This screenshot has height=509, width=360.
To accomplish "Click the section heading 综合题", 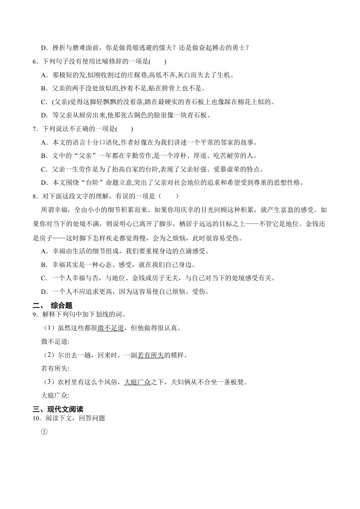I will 61,306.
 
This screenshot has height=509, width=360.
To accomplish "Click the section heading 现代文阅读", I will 65,409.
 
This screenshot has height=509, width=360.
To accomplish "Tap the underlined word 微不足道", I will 111,328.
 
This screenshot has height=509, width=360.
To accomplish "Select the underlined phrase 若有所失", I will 150,355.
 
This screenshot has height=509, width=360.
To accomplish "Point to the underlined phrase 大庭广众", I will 138,382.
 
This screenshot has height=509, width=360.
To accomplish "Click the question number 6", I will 35,61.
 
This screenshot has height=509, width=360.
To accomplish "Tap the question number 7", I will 35,129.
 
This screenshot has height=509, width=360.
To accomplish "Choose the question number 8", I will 35,196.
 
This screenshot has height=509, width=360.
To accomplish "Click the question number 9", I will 35,314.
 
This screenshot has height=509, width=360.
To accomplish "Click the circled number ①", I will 44,431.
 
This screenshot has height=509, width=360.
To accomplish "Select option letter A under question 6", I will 44,75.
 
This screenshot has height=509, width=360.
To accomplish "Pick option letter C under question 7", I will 44,169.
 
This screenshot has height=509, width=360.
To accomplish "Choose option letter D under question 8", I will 44,292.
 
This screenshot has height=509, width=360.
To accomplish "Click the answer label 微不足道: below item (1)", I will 55,342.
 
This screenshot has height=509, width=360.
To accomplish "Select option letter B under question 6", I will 44,88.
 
